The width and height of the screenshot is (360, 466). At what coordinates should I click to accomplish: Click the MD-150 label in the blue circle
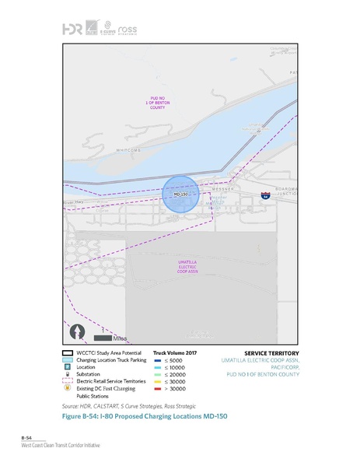point(180,193)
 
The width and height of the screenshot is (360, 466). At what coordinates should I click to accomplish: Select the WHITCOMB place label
point(127,149)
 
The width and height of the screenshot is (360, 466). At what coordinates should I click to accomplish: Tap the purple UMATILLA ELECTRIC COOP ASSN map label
point(187,267)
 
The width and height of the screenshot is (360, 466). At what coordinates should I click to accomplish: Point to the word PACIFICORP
point(278,367)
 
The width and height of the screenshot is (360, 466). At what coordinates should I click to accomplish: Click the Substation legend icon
point(68,374)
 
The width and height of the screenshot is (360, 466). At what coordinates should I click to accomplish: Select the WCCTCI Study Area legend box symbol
point(68,352)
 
